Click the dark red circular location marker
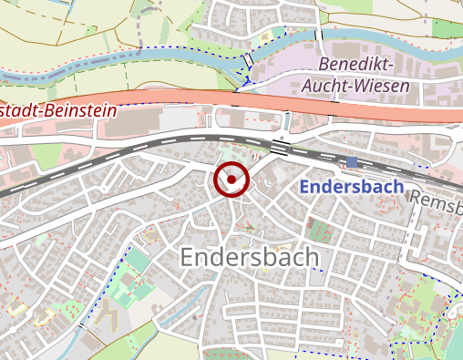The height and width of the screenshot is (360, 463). click(x=231, y=180)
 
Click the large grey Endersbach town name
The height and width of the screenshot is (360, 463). click(x=251, y=257)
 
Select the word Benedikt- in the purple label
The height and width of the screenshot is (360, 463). click(x=356, y=66)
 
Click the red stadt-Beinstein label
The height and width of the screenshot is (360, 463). click(x=58, y=112)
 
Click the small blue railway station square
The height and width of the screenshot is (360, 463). click(x=352, y=162)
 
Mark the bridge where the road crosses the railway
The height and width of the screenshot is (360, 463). click(x=280, y=146)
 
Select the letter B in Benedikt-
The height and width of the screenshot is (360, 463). click(x=324, y=66)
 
